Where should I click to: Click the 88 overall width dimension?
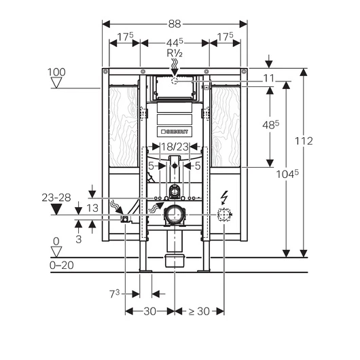point(175,24)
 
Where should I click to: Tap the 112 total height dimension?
point(304,141)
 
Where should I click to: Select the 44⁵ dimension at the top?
point(175,42)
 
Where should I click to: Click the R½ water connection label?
point(175,54)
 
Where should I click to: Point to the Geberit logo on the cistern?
point(175,132)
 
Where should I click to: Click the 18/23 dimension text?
point(175,147)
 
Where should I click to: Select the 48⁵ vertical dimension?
point(271,125)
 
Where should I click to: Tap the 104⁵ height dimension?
point(287,174)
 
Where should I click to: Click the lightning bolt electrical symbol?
point(223,197)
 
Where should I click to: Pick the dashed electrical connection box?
point(224,215)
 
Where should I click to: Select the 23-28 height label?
point(56,198)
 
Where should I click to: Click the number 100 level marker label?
point(56,72)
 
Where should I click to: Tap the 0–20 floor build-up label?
point(62,266)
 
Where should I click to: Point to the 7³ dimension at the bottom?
point(115,293)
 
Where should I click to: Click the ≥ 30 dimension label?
point(199,312)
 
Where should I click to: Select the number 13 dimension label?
point(92,209)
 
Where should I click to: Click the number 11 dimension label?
point(269,79)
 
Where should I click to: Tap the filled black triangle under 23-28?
point(56,210)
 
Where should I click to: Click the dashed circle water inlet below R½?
point(175,81)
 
